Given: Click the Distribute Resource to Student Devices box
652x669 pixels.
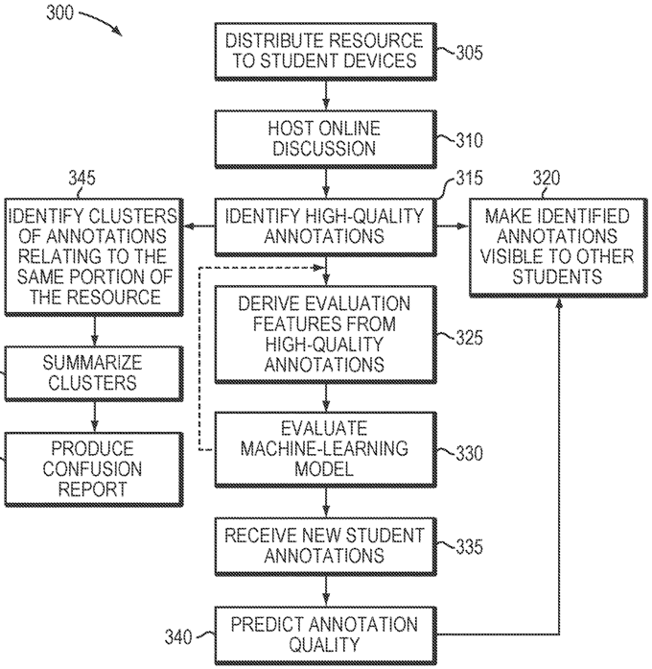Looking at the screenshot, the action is tap(326, 51).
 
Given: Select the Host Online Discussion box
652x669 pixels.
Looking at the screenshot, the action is tap(326, 139).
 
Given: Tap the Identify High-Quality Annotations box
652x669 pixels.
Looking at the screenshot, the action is tap(326, 227).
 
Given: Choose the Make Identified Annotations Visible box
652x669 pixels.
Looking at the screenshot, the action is tap(558, 247).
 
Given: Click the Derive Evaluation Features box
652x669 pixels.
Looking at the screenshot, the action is tap(326, 334).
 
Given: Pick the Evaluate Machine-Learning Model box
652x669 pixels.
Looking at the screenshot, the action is tap(326, 449).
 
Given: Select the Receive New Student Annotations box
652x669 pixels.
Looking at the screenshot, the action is tap(326, 546).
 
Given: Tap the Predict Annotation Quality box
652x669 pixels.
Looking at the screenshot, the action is tap(326, 635).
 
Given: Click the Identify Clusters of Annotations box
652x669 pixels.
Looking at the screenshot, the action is tap(94, 257).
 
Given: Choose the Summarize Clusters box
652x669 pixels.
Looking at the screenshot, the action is tap(94, 373).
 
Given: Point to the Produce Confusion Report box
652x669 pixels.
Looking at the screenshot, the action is tap(94, 469).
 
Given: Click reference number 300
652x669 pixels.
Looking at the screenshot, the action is tap(59, 12).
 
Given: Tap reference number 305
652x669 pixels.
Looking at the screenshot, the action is tap(469, 53).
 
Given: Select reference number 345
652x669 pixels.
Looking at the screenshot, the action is tap(81, 178).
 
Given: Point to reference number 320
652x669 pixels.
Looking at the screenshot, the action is tap(547, 178).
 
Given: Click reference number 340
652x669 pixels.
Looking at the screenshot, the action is tap(178, 637).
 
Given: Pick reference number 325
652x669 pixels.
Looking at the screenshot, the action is tap(469, 338).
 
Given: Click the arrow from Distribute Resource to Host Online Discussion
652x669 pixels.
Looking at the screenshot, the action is tap(326, 95).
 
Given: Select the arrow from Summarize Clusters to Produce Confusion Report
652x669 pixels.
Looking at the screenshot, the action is tap(94, 417).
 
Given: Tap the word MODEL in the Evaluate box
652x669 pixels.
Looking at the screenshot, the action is tap(324, 469).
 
